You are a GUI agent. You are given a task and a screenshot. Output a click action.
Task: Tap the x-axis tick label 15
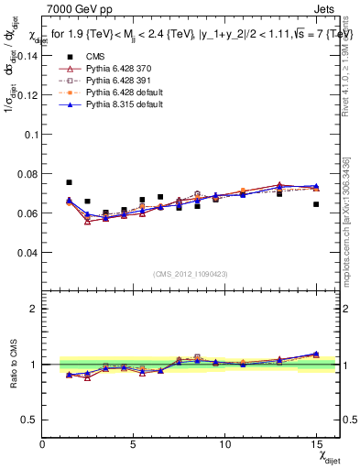[x=315, y=444]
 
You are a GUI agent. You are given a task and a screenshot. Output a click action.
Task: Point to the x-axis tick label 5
[x=134, y=444]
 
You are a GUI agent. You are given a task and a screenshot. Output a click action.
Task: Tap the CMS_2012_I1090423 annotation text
[x=190, y=274]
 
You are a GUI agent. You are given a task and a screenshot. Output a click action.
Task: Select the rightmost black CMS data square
[x=316, y=204]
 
